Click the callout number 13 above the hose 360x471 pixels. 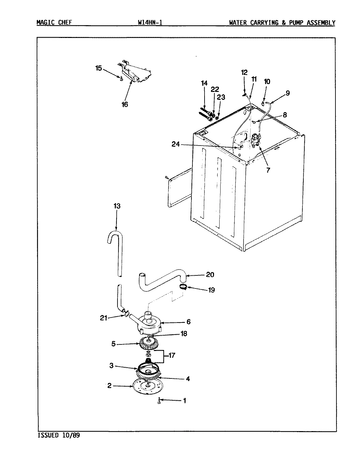pyautogui.click(x=117, y=206)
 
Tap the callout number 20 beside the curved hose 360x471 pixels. pyautogui.click(x=210, y=274)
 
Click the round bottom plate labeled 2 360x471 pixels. pyautogui.click(x=148, y=386)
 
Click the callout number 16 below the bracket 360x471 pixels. pyautogui.click(x=124, y=105)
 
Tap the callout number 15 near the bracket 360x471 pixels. pyautogui.click(x=99, y=68)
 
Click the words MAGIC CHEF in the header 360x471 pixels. pyautogui.click(x=54, y=23)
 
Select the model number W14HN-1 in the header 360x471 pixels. pyautogui.click(x=150, y=23)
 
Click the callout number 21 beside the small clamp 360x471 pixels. pyautogui.click(x=104, y=317)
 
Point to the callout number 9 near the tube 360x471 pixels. pyautogui.click(x=287, y=93)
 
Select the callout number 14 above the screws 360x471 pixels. pyautogui.click(x=204, y=83)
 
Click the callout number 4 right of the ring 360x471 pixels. pyautogui.click(x=188, y=379)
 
